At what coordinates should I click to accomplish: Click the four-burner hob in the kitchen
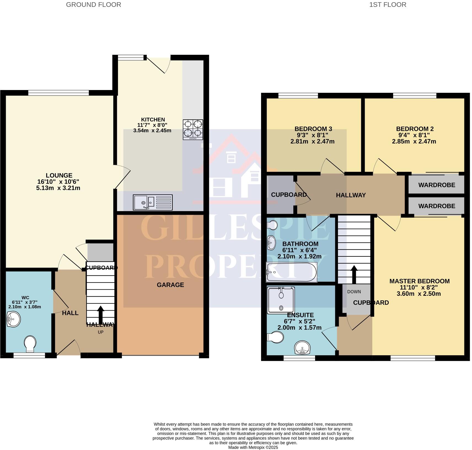193,129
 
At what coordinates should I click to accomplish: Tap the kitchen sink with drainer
152,202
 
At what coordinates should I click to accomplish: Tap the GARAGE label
170,285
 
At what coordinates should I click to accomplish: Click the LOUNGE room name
59,175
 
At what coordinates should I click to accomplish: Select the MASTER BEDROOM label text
419,281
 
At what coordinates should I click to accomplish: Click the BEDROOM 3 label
313,129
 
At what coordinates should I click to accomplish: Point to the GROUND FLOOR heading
93,5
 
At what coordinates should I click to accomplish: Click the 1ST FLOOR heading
387,5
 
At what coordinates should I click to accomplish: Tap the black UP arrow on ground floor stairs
101,314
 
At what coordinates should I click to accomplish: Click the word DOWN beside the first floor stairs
354,292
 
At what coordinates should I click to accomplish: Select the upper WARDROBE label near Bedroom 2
436,185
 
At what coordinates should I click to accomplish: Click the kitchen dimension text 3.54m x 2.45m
152,131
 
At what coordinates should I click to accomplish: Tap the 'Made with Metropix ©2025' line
253,448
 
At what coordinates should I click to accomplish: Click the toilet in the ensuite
275,337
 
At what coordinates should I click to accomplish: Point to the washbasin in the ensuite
302,348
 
